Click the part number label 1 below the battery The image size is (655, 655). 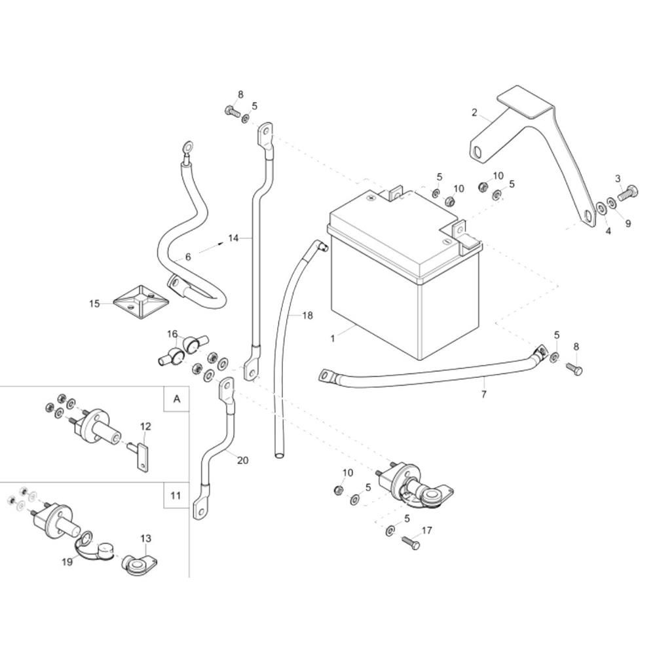pos(333,339)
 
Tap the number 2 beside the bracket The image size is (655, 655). pos(474,113)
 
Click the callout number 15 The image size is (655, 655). pos(95,304)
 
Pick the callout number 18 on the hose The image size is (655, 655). pos(307,316)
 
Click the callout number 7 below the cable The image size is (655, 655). pos(484,394)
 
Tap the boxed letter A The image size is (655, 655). pos(177,399)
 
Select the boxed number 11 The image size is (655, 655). pos(176,495)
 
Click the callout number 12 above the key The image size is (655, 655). pos(145,426)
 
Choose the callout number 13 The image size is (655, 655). pos(145,538)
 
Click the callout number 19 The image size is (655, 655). pos(67,562)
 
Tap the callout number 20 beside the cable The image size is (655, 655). pos(243,460)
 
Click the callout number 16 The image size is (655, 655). pos(172,334)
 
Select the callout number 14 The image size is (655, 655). pos(233,238)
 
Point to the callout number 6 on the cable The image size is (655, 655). pos(187,257)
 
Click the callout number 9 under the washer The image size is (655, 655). pos(628,223)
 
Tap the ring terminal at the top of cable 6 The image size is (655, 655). pos(187,147)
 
